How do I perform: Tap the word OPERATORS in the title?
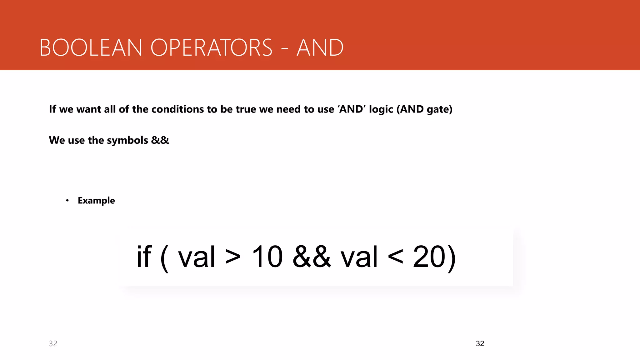(x=212, y=48)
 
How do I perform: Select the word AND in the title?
(x=320, y=48)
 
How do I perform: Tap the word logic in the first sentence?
(x=381, y=110)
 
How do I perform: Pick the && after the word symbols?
(x=160, y=140)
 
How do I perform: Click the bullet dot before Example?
(x=67, y=201)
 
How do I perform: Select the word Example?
(x=96, y=201)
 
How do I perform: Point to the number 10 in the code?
(x=267, y=257)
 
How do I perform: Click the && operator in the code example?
(x=312, y=257)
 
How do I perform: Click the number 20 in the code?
(x=429, y=257)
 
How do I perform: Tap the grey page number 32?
(x=53, y=344)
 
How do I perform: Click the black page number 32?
(x=480, y=344)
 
